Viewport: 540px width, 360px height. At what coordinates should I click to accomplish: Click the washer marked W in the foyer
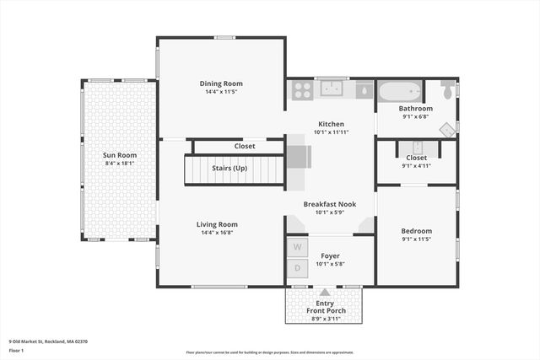[298, 247]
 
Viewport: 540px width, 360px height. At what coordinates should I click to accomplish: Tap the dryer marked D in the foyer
[298, 269]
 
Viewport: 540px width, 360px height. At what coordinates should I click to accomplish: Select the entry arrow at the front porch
[325, 292]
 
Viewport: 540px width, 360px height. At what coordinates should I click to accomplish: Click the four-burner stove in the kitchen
[301, 89]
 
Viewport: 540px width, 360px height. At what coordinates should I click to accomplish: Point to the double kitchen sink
[329, 89]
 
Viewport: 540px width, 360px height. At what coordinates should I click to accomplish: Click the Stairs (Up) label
[229, 169]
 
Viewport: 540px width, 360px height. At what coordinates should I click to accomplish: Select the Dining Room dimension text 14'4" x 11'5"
[221, 92]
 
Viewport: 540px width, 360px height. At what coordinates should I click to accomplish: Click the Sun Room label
[119, 155]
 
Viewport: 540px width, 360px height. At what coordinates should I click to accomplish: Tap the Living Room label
[217, 224]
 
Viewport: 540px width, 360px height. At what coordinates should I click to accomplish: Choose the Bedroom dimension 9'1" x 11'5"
[416, 239]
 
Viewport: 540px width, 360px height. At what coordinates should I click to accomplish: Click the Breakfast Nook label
[331, 203]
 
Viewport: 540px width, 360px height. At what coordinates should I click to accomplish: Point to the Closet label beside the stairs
[245, 146]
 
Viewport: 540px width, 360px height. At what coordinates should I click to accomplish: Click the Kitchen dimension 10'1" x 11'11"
[331, 132]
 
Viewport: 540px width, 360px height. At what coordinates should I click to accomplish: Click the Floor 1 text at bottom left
[16, 350]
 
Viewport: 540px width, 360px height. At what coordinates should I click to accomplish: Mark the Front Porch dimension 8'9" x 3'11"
[325, 320]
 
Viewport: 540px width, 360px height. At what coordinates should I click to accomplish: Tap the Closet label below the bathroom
[416, 158]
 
